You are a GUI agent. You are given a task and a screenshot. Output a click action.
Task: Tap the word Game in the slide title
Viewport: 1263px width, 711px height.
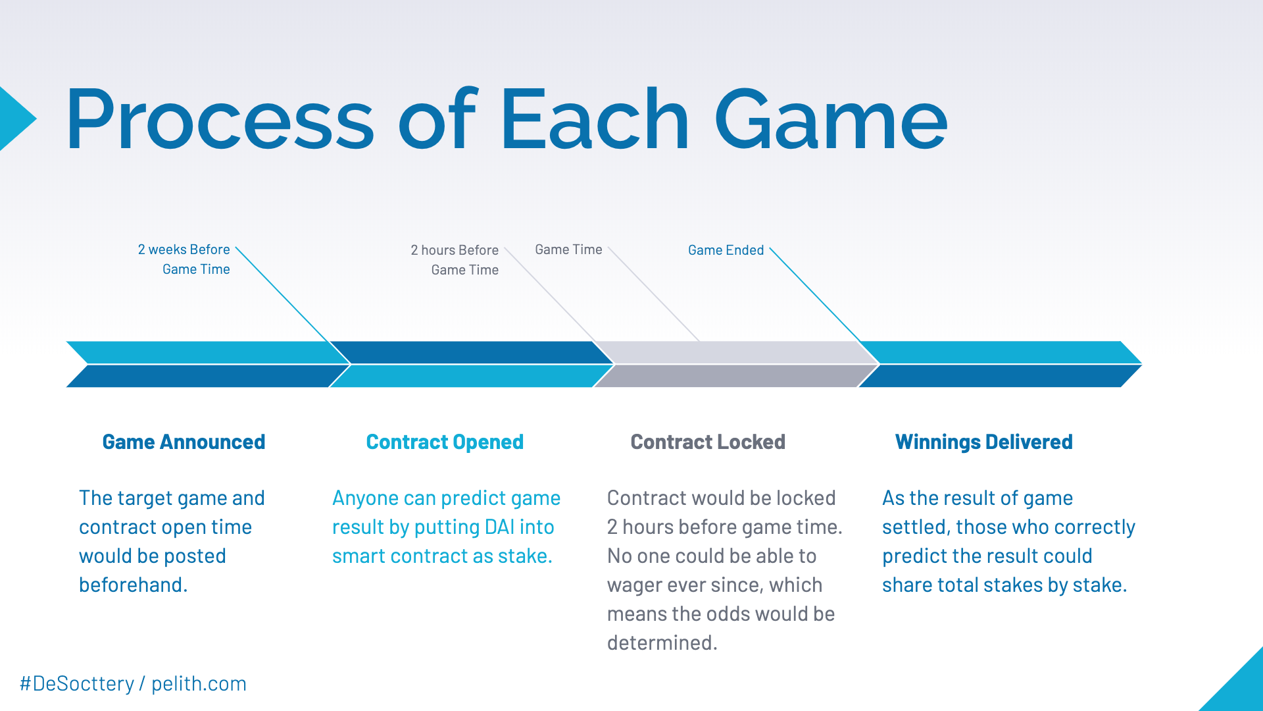(830, 120)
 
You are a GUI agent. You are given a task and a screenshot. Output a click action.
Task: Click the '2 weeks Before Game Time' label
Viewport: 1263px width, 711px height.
(184, 259)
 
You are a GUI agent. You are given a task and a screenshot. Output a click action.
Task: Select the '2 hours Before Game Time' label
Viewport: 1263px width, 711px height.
(455, 260)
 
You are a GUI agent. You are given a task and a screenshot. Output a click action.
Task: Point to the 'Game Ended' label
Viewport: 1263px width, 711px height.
(726, 250)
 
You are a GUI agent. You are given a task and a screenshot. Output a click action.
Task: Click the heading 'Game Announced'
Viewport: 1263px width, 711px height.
(184, 442)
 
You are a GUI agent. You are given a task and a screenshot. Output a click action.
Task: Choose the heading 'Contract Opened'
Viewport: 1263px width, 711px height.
(445, 442)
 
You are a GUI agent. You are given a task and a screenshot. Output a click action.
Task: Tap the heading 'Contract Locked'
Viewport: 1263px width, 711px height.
(708, 442)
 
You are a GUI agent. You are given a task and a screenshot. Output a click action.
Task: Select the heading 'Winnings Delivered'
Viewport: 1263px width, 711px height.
(983, 442)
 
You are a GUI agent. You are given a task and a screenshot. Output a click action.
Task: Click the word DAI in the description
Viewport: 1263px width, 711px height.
(499, 527)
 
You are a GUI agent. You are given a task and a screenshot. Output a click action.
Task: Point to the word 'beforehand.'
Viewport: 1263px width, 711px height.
(134, 585)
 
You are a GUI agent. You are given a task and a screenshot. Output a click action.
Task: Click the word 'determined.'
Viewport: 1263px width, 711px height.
(662, 643)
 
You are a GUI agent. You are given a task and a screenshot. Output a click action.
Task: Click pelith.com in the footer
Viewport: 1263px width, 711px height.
(199, 684)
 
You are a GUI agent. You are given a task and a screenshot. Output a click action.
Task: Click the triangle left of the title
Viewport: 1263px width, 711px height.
(14, 119)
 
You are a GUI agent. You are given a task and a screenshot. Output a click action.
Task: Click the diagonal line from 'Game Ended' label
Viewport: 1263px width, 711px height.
(816, 294)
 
